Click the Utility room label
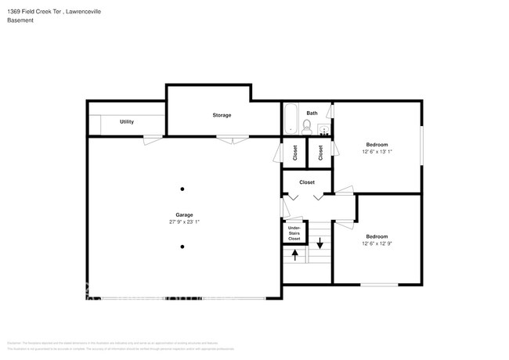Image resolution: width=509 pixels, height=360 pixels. click(126, 122)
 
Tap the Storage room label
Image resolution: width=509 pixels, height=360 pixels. click(222, 115)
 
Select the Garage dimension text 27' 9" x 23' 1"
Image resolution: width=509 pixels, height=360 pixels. click(184, 222)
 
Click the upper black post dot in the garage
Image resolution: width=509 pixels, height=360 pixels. click(182, 189)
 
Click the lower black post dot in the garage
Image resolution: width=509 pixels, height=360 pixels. click(182, 247)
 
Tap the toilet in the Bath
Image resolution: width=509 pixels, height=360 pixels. click(308, 125)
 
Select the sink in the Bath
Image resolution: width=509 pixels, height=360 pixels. click(324, 130)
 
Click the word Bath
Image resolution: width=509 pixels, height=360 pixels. click(312, 113)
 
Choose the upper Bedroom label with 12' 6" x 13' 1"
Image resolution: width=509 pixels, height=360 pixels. click(377, 145)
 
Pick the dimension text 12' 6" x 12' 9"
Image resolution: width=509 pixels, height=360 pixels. click(377, 243)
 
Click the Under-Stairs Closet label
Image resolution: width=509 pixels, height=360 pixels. click(294, 232)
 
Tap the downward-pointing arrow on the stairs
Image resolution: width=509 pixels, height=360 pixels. click(319, 242)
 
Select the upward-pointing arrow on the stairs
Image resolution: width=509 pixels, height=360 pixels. click(294, 254)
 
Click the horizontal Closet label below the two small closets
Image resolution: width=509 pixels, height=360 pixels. click(306, 182)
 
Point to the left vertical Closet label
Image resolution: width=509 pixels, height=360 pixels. click(295, 153)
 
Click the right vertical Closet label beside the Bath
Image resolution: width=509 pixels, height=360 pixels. click(320, 153)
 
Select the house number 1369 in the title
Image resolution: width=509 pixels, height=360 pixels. click(13, 12)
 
